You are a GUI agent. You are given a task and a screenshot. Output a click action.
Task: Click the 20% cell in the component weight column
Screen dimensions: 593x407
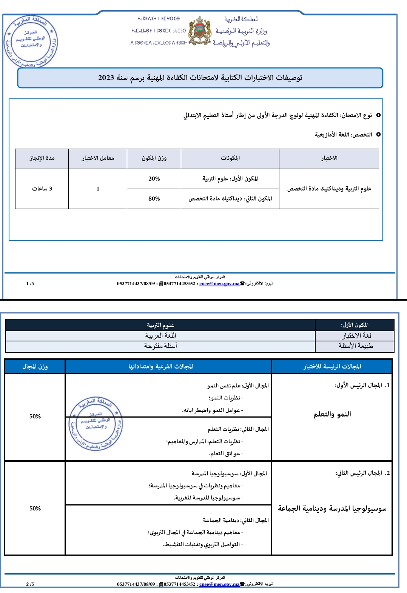[154, 179]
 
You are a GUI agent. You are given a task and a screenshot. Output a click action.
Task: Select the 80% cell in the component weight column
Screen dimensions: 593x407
[154, 199]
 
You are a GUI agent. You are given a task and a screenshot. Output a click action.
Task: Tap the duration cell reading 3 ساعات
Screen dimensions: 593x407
[42, 189]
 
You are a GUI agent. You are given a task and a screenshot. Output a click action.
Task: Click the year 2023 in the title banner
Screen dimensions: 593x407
[106, 78]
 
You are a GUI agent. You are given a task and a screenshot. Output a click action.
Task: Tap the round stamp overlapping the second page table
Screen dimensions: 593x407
[96, 423]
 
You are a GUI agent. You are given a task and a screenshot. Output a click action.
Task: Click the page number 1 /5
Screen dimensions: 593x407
[30, 284]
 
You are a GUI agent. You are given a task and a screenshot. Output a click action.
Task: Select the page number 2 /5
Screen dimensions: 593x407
[30, 584]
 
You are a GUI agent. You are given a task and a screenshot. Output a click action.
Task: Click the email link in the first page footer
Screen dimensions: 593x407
[219, 284]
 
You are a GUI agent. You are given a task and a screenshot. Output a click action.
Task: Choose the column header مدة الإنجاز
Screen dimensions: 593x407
[42, 158]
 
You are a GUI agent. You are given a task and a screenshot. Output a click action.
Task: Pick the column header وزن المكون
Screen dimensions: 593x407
[154, 158]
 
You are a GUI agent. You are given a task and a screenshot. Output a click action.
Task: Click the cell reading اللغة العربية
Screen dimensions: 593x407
[160, 336]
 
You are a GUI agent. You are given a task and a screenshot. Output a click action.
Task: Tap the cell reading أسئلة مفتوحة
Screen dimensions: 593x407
[160, 346]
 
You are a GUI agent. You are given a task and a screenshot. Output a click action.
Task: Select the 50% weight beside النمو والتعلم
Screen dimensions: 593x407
[35, 416]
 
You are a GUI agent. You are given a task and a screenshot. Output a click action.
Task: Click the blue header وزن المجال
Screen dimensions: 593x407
[35, 366]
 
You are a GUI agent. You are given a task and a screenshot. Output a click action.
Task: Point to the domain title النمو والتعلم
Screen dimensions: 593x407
[332, 414]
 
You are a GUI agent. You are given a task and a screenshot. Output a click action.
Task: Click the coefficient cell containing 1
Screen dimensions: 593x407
[98, 189]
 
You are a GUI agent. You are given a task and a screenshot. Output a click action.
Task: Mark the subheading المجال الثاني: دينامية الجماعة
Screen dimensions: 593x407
[236, 520]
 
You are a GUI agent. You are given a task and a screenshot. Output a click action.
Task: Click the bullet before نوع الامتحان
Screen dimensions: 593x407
[378, 115]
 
